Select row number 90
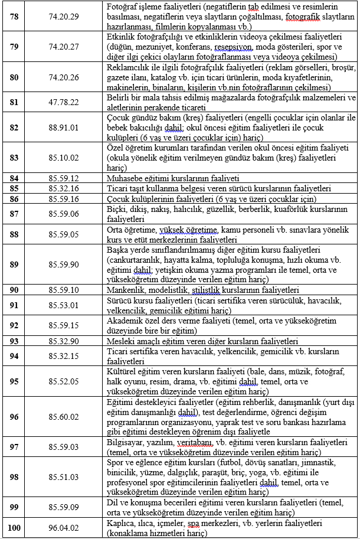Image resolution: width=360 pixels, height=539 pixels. [13, 290]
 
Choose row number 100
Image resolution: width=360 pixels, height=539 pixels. [13, 528]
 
